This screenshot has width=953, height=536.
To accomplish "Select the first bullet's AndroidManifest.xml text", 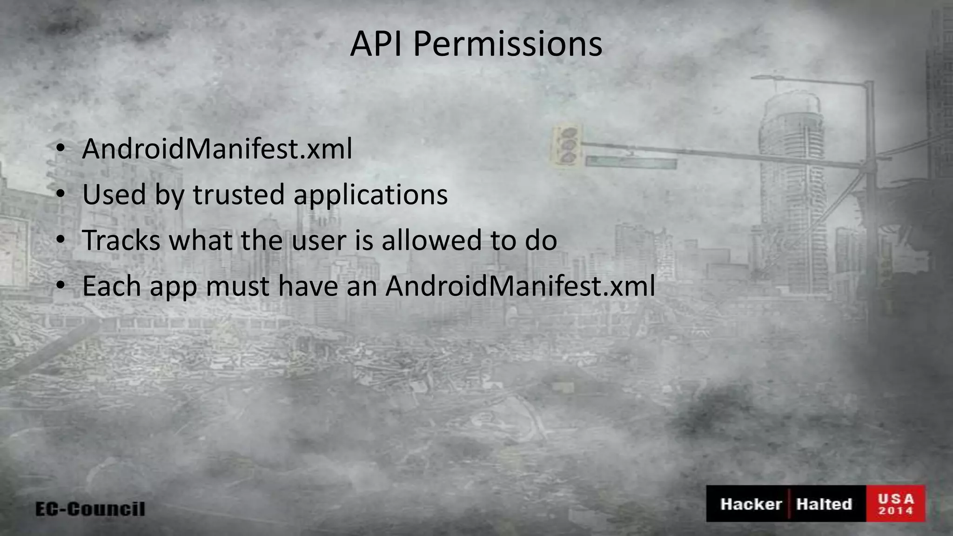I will [217, 149].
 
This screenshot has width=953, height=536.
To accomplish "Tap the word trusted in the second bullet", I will [239, 194].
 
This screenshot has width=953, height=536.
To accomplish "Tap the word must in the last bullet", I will [237, 287].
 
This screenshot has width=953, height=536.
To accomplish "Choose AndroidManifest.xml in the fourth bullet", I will [520, 286].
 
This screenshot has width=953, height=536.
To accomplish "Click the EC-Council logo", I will [90, 509].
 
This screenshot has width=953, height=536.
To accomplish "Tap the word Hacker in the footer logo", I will [751, 504].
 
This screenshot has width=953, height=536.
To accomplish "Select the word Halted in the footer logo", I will [824, 504].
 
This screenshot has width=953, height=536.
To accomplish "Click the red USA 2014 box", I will [896, 504].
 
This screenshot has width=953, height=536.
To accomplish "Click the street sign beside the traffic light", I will [631, 162].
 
